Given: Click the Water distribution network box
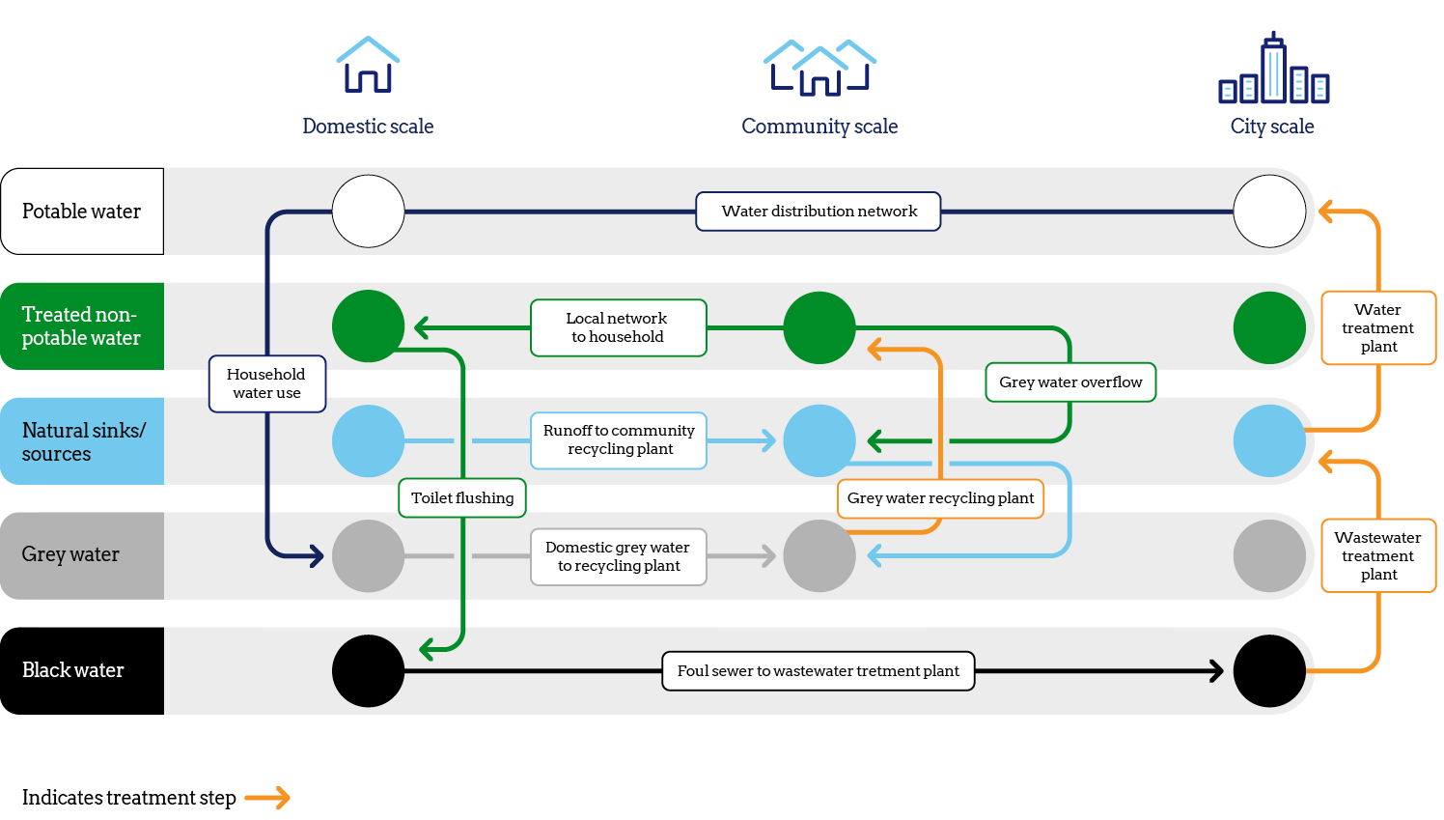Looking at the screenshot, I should (x=819, y=212).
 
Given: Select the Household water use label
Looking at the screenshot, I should (x=267, y=383).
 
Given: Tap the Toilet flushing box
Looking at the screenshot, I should (x=462, y=498).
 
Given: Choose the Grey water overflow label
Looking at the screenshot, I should (x=1070, y=382).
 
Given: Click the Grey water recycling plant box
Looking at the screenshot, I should (x=941, y=498).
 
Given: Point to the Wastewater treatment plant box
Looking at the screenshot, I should (x=1378, y=555).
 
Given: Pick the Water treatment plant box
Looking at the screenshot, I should (x=1378, y=328).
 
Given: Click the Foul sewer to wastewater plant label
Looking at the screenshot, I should (x=819, y=671).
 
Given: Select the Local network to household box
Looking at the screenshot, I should (x=618, y=327).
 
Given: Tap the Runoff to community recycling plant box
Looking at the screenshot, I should (x=619, y=440).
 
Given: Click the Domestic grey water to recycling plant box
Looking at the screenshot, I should (x=619, y=556).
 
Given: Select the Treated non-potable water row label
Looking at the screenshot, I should (x=82, y=326).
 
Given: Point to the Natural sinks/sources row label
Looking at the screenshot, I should (x=82, y=441).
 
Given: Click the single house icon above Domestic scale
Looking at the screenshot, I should (x=368, y=66).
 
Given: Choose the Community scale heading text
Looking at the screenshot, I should (x=819, y=127).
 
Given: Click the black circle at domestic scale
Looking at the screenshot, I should (x=368, y=670).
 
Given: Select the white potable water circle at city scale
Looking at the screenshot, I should (x=1269, y=212).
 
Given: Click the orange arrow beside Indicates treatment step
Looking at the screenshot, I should (x=267, y=798).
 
